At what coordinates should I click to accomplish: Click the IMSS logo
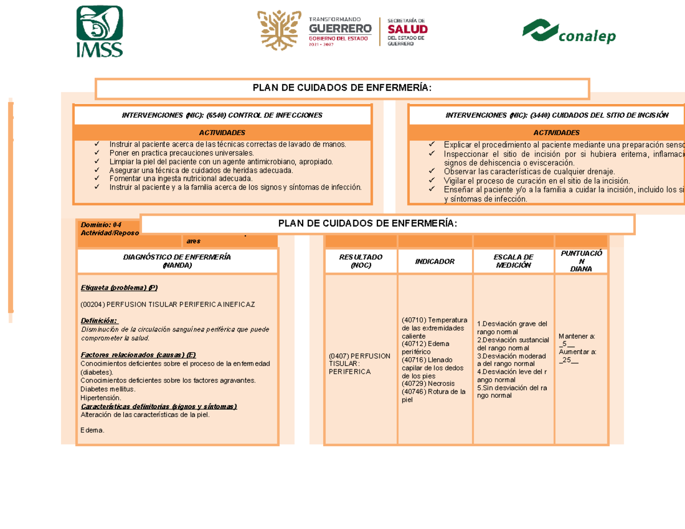click(x=99, y=31)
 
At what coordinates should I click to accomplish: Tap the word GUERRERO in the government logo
click(x=340, y=28)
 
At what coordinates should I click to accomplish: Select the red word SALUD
click(x=408, y=29)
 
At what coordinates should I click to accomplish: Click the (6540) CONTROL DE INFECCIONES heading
click(x=222, y=115)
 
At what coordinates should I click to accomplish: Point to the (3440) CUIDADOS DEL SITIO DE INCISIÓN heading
click(x=557, y=115)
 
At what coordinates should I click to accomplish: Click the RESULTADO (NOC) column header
click(x=361, y=261)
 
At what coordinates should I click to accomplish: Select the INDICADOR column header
click(x=435, y=261)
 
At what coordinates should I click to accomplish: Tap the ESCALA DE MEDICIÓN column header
click(x=513, y=261)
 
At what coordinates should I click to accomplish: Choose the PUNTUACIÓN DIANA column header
click(x=581, y=261)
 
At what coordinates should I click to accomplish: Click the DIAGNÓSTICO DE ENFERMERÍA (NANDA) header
click(x=177, y=261)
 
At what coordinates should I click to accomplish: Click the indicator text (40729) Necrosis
click(x=428, y=383)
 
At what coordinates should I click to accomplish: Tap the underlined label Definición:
click(x=100, y=320)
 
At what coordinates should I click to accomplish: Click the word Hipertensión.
click(x=101, y=398)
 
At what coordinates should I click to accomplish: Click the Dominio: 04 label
click(x=101, y=225)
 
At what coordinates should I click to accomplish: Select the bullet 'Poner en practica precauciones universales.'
click(x=181, y=153)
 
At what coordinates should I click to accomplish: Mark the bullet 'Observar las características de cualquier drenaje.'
click(x=529, y=171)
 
